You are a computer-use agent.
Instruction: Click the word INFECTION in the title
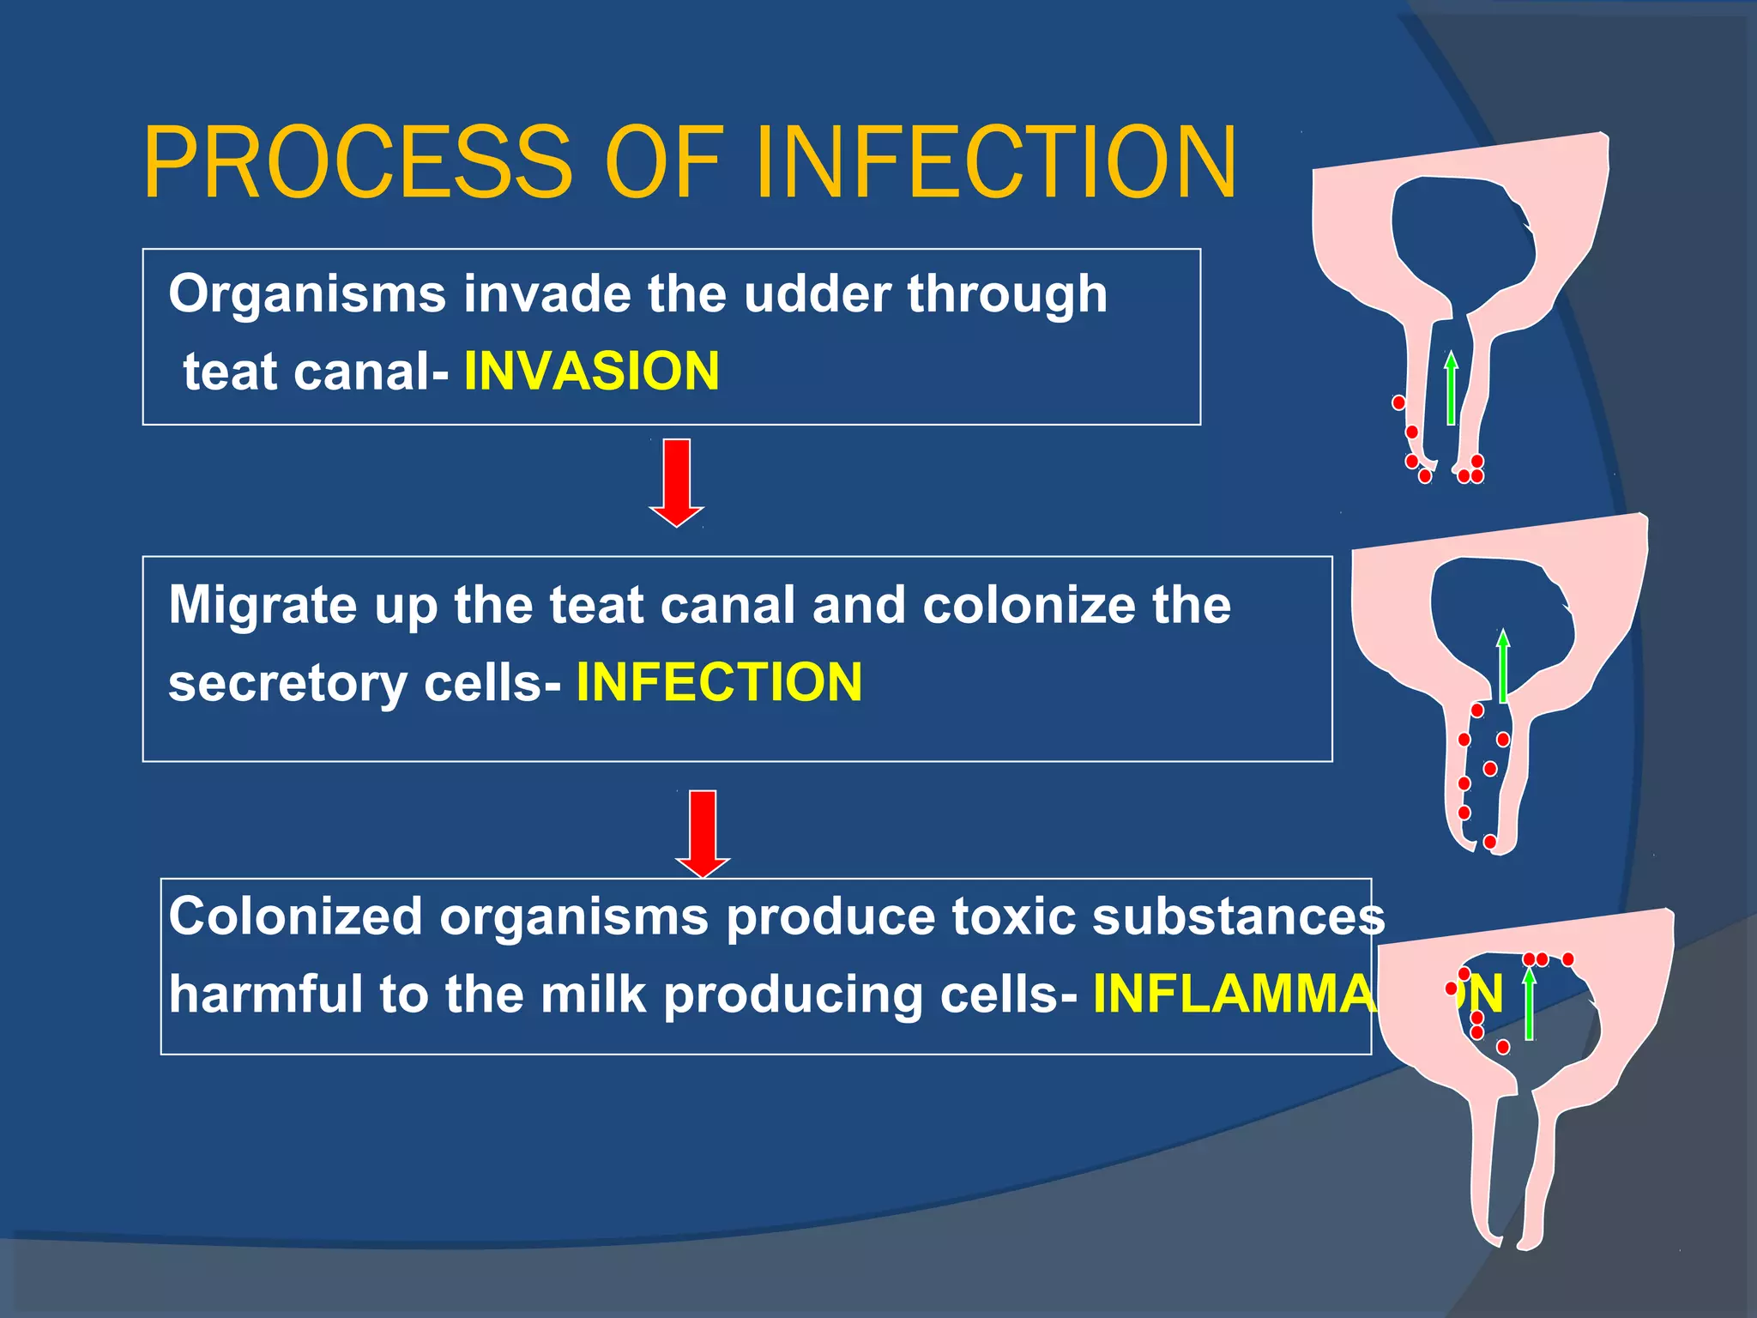pos(996,162)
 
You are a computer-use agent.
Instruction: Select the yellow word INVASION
pos(591,371)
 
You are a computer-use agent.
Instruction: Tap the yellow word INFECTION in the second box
pos(719,682)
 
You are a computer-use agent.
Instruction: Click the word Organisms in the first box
pos(307,293)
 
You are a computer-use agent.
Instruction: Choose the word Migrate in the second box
pos(262,606)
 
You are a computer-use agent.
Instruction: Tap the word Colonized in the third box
pos(295,916)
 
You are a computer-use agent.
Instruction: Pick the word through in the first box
pos(1007,293)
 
